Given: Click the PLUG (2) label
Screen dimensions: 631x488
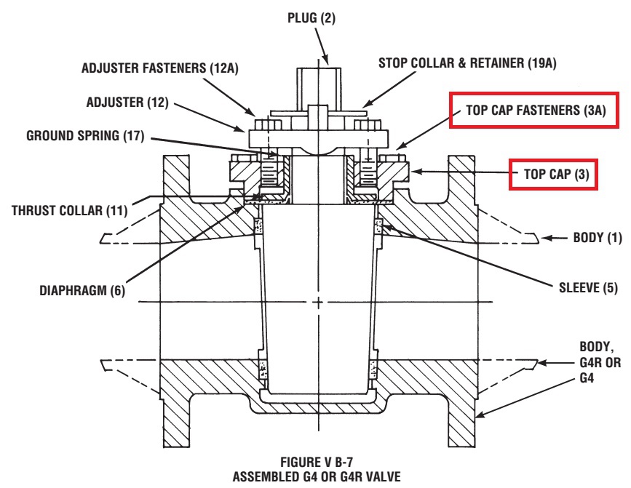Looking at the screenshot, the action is tap(311, 18).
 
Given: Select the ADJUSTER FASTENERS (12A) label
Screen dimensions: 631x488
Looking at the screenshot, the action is tap(160, 68).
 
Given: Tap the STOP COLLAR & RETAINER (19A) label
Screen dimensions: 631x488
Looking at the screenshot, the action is tap(467, 63).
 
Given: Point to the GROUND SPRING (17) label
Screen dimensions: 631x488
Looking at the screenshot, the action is tap(85, 135).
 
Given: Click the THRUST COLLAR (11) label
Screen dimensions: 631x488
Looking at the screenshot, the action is tap(69, 210).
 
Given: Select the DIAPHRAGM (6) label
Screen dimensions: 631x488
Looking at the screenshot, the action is tap(82, 290).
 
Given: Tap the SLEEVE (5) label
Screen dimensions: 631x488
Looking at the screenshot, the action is tap(588, 287).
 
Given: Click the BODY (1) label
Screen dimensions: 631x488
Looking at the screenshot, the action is tap(598, 238).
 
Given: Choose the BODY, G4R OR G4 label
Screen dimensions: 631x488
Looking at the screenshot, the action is tap(600, 362).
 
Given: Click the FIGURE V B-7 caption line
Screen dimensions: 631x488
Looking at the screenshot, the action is tap(317, 461).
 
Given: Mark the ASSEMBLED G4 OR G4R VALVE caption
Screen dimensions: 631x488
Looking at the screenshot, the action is tap(317, 477).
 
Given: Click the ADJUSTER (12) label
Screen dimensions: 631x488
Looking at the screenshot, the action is tap(127, 102).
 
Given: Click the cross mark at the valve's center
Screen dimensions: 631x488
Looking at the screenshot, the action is tap(318, 302).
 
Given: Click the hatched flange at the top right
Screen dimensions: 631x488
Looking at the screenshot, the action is tap(462, 179).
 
